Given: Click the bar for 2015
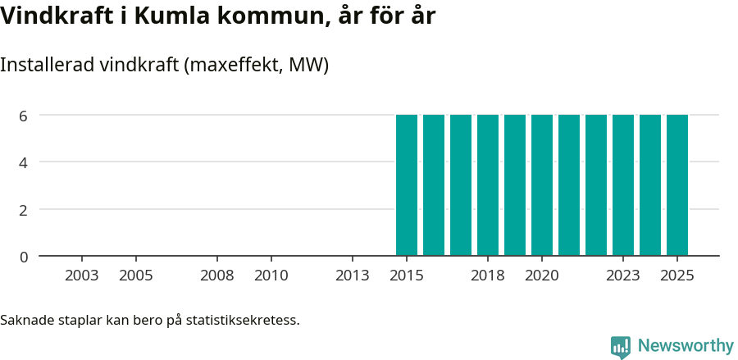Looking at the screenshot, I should coord(407,185).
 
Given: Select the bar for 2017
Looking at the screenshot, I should coord(461,185).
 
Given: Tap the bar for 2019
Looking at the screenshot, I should coord(515,185).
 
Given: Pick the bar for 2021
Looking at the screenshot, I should coord(569,185).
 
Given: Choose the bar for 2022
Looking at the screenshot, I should coord(596,185).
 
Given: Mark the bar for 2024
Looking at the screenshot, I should coord(650,185).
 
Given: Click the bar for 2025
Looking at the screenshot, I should coord(677,185).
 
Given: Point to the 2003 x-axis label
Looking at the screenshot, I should coord(82,276).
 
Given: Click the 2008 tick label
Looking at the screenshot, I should coord(217,276).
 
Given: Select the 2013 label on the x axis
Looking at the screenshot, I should coord(353,276).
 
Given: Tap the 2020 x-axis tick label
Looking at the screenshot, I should coord(542,276).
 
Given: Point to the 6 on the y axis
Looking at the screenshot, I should coord(24,116).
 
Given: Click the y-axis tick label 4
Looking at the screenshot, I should coord(24,162).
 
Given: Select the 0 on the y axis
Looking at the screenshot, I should coord(24,257).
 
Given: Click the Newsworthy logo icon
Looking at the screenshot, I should coord(621,347).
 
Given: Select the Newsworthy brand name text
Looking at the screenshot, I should coord(686,346).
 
